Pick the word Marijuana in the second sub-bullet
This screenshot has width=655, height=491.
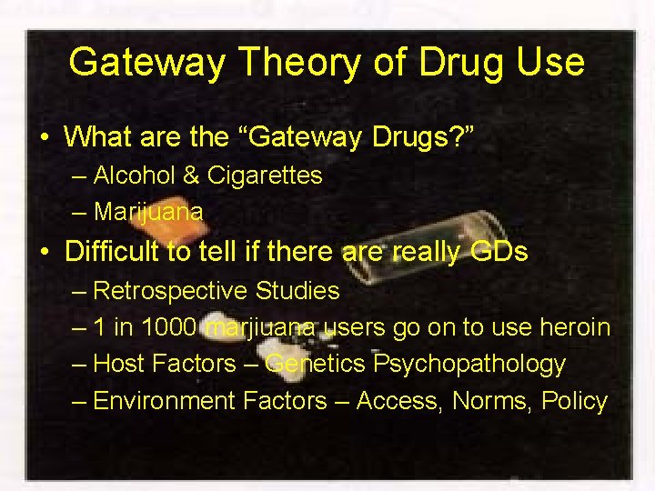(x=148, y=212)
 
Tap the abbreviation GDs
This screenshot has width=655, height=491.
(x=498, y=251)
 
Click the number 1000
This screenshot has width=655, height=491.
(x=166, y=327)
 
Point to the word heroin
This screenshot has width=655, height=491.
(x=574, y=327)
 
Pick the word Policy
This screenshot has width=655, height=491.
(x=574, y=401)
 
